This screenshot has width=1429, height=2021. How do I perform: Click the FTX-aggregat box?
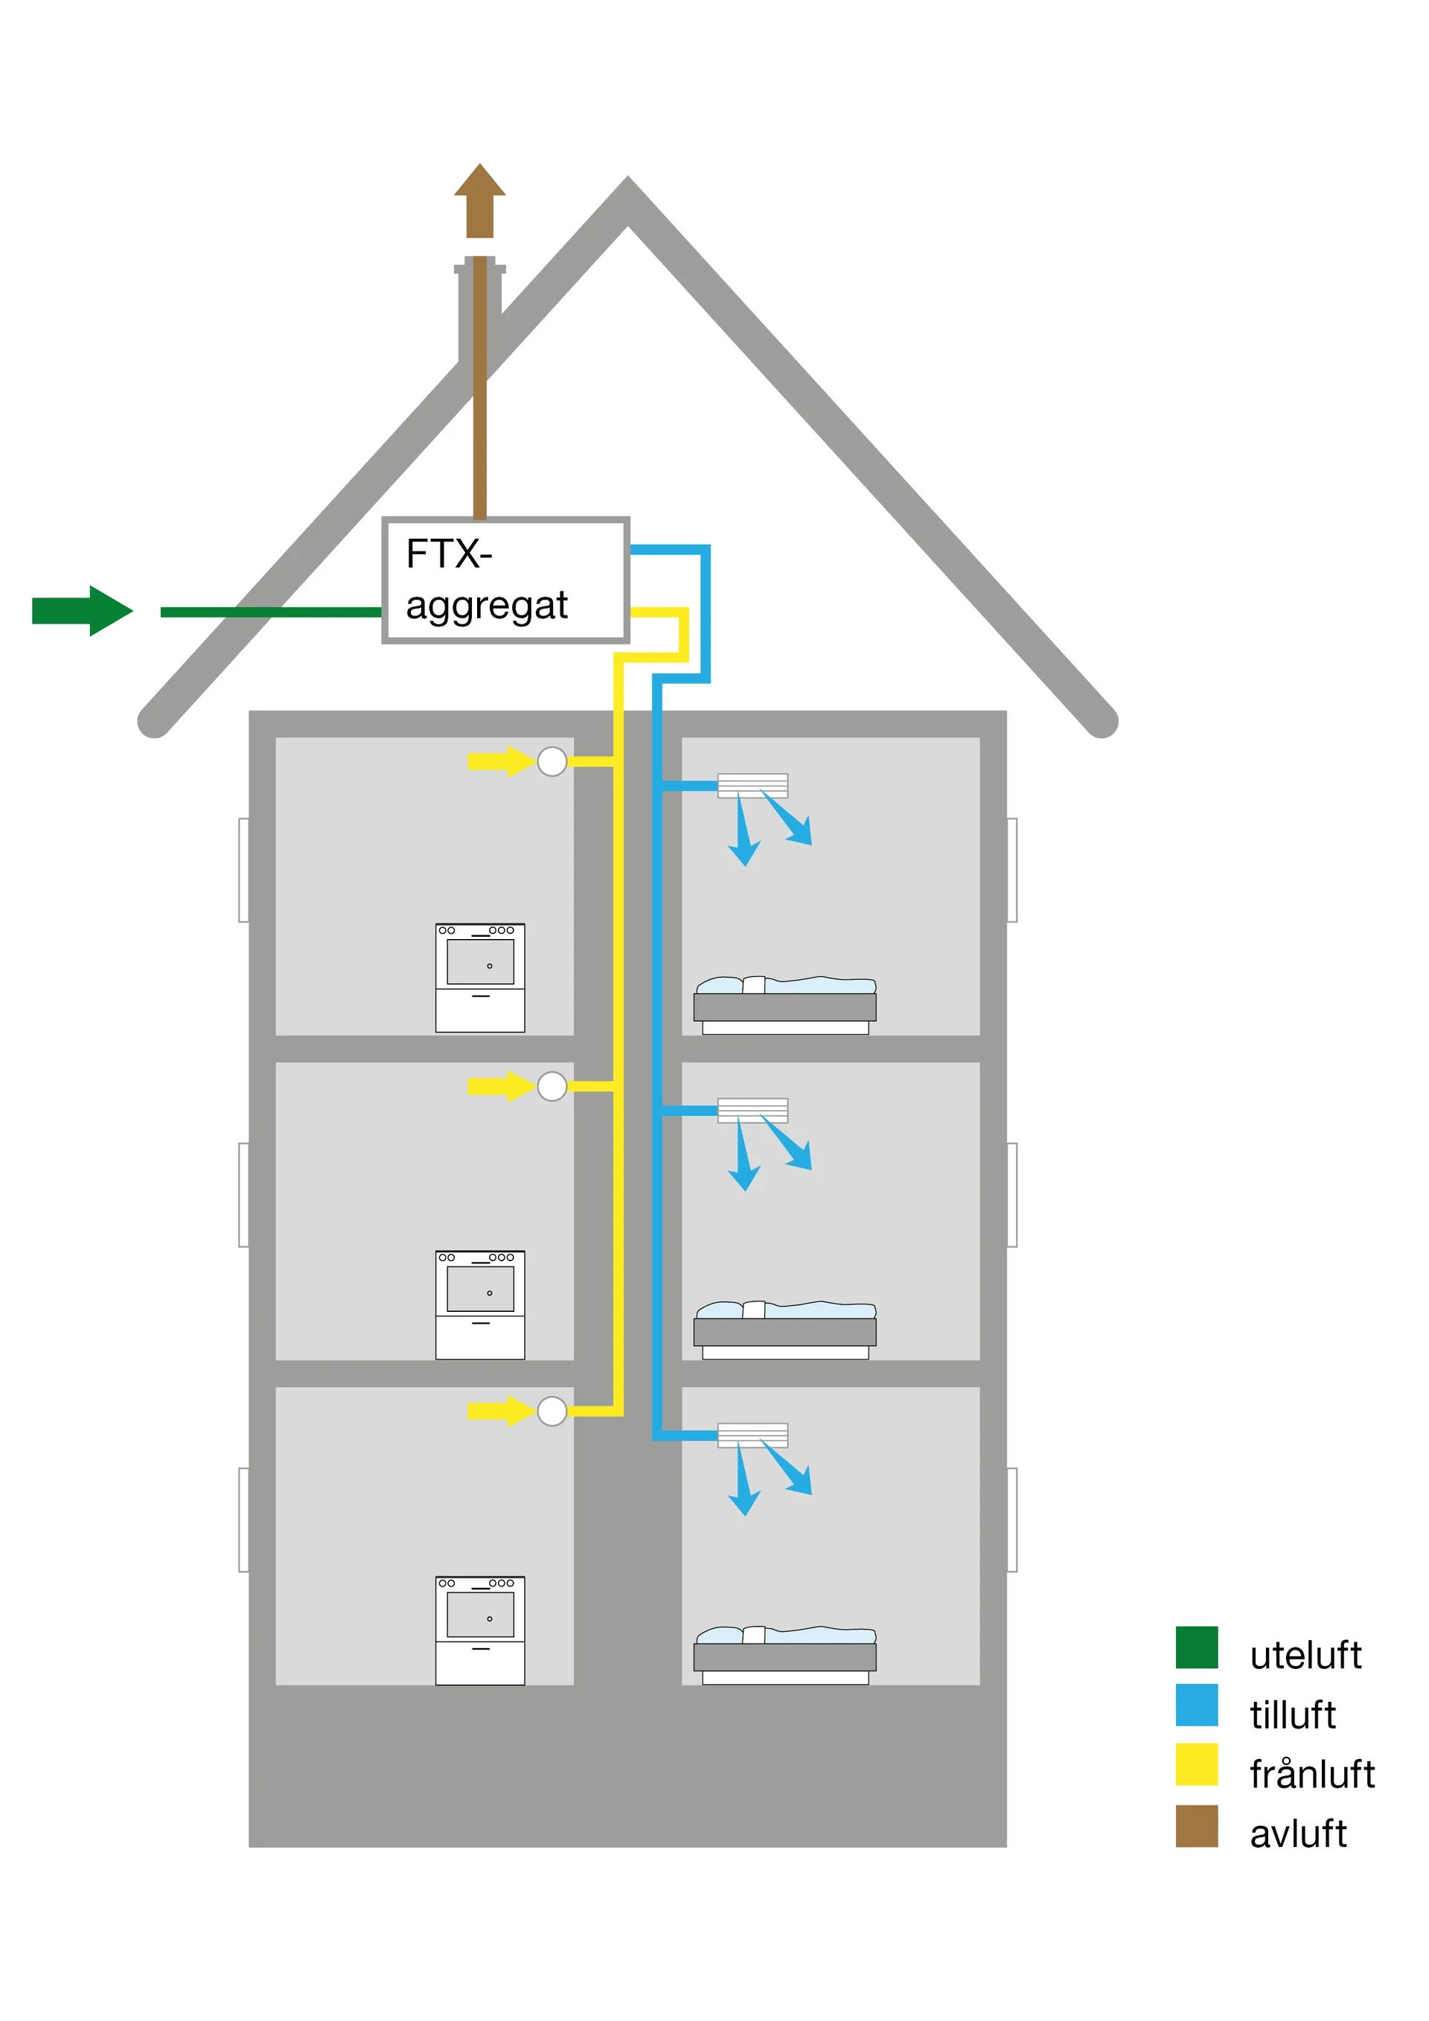(x=505, y=580)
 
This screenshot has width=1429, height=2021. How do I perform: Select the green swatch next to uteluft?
(x=1197, y=1647)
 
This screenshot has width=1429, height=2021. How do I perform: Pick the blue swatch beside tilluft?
(x=1197, y=1706)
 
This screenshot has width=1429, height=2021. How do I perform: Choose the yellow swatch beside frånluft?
(x=1197, y=1765)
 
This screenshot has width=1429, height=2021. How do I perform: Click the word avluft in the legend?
(x=1298, y=1834)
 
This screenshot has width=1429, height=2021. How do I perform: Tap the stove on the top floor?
(x=480, y=977)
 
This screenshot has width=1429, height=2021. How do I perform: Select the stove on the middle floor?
(x=480, y=1304)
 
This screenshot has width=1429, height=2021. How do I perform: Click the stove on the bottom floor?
(x=480, y=1630)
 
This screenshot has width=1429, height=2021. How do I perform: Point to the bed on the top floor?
(x=784, y=1005)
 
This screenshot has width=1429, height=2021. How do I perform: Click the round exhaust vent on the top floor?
(x=552, y=761)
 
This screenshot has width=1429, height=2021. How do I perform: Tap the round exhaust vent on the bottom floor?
(x=552, y=1411)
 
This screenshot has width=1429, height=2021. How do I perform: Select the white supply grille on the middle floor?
(x=752, y=1111)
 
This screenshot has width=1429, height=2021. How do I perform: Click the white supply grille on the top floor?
(x=752, y=785)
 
